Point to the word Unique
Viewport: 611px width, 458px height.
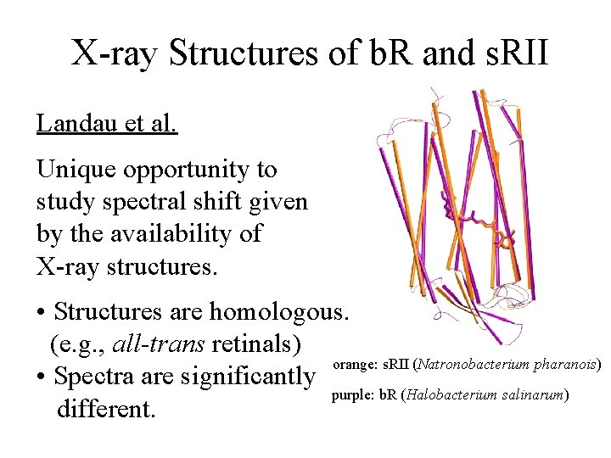click(76, 170)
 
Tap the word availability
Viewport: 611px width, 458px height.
click(149, 233)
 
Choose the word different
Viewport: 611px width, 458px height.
click(106, 409)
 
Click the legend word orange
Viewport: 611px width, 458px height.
click(350, 365)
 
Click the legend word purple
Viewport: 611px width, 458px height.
click(350, 395)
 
